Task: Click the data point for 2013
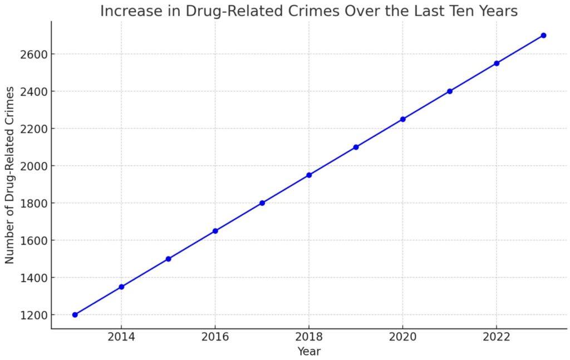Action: [75, 315]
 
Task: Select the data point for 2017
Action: [262, 203]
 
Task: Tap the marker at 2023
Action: [543, 35]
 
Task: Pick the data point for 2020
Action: [403, 119]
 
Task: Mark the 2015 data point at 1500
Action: [168, 259]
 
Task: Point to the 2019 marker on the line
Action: [356, 147]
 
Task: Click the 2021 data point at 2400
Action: [450, 91]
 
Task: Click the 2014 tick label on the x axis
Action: [121, 337]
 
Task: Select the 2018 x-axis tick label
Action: [309, 337]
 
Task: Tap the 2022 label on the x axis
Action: [497, 337]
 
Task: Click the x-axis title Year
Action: [309, 352]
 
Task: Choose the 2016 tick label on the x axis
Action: [215, 337]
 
